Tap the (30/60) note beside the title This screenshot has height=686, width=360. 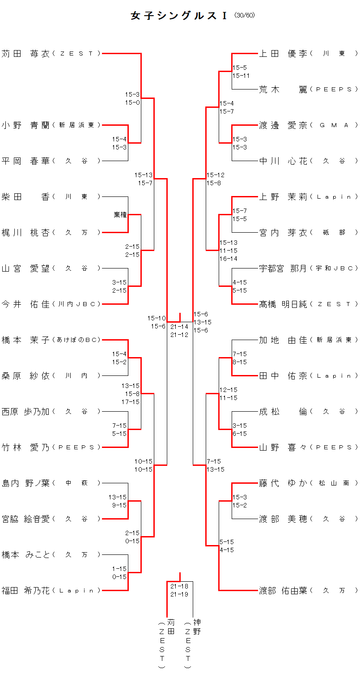pos(244,15)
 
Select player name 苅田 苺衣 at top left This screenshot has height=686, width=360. pos(26,54)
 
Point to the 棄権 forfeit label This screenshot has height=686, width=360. pos(120,215)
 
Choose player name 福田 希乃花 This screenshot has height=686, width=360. pos(26,591)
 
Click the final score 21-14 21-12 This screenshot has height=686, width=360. pos(179,331)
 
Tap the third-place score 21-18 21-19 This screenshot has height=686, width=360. pos(179,590)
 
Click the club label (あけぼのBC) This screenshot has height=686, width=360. pos(76,340)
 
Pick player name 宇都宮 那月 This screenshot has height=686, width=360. pos(284,268)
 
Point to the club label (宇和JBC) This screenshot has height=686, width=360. pos(334,268)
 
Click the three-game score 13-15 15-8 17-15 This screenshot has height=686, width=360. pos(130,394)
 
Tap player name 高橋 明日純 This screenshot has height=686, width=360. pos(284,304)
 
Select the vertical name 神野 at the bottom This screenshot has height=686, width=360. pos(197,627)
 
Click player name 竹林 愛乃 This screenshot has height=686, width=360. pos(26,447)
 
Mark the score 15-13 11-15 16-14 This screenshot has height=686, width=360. pos(228,251)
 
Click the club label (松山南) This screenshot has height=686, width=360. pos(334,483)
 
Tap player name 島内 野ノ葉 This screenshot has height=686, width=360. pos(26,483)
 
